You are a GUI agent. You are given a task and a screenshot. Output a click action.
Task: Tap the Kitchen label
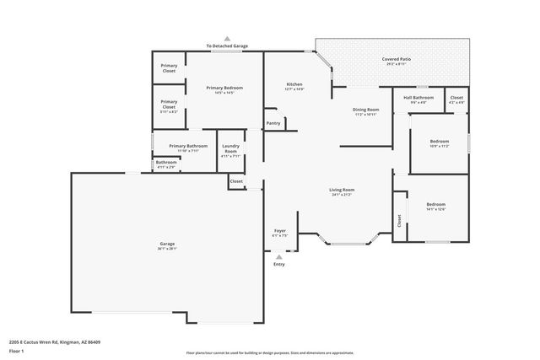click(x=294, y=84)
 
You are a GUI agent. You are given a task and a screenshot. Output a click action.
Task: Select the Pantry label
click(x=273, y=123)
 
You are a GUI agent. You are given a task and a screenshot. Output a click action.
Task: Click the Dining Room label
click(x=365, y=110)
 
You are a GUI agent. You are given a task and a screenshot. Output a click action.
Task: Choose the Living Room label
click(x=341, y=190)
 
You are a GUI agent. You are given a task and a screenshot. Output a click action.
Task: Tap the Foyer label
click(x=280, y=230)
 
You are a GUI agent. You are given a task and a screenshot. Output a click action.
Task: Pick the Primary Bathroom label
click(x=188, y=146)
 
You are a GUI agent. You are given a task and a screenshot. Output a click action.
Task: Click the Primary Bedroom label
click(x=224, y=88)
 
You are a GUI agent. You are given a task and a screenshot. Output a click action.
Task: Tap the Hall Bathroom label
click(x=418, y=97)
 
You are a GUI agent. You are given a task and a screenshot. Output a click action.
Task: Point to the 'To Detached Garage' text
click(x=227, y=46)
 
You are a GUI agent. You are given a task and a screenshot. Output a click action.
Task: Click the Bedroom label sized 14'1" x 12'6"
click(x=435, y=205)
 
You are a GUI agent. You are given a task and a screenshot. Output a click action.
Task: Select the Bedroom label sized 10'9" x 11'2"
click(x=439, y=141)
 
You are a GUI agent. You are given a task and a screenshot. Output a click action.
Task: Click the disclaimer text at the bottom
click(x=269, y=352)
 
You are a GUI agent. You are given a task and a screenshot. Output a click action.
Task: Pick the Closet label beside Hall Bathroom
click(x=456, y=97)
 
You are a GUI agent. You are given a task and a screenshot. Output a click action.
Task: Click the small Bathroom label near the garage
click(x=166, y=162)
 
